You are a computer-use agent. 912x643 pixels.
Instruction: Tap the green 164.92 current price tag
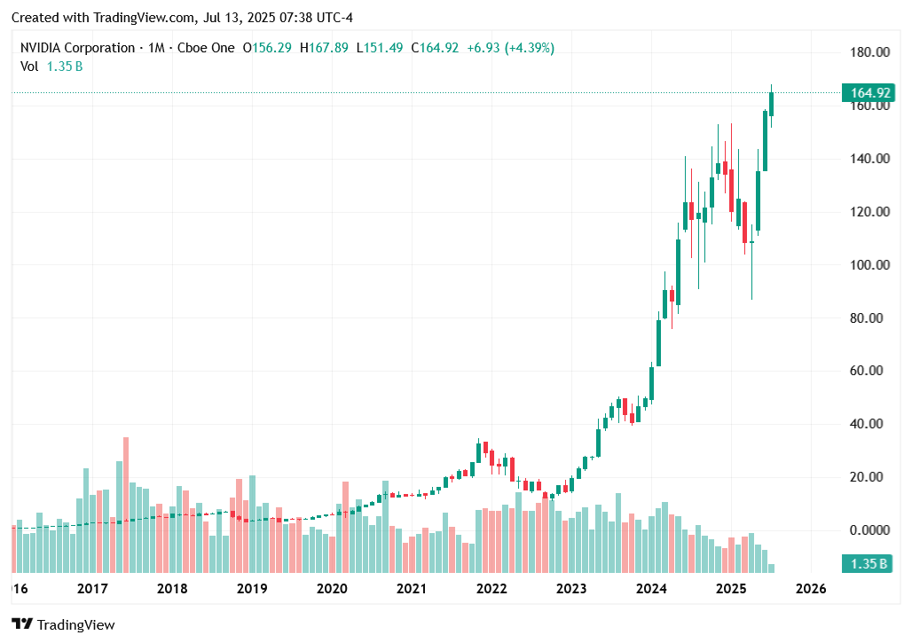pyautogui.click(x=869, y=93)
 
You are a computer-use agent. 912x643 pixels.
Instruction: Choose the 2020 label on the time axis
pyautogui.click(x=332, y=589)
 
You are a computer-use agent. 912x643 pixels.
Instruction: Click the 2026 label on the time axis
pyautogui.click(x=811, y=589)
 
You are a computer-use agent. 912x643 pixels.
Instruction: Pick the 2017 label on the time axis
pyautogui.click(x=92, y=589)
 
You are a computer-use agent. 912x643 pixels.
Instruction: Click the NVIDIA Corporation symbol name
pyautogui.click(x=77, y=48)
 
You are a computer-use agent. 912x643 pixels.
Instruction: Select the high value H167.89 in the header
pyautogui.click(x=326, y=48)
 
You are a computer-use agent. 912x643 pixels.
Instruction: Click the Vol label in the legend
pyautogui.click(x=29, y=66)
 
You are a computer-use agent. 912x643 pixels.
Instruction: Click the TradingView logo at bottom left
pyautogui.click(x=63, y=624)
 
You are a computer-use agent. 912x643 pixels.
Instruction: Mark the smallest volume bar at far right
pyautogui.click(x=772, y=568)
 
